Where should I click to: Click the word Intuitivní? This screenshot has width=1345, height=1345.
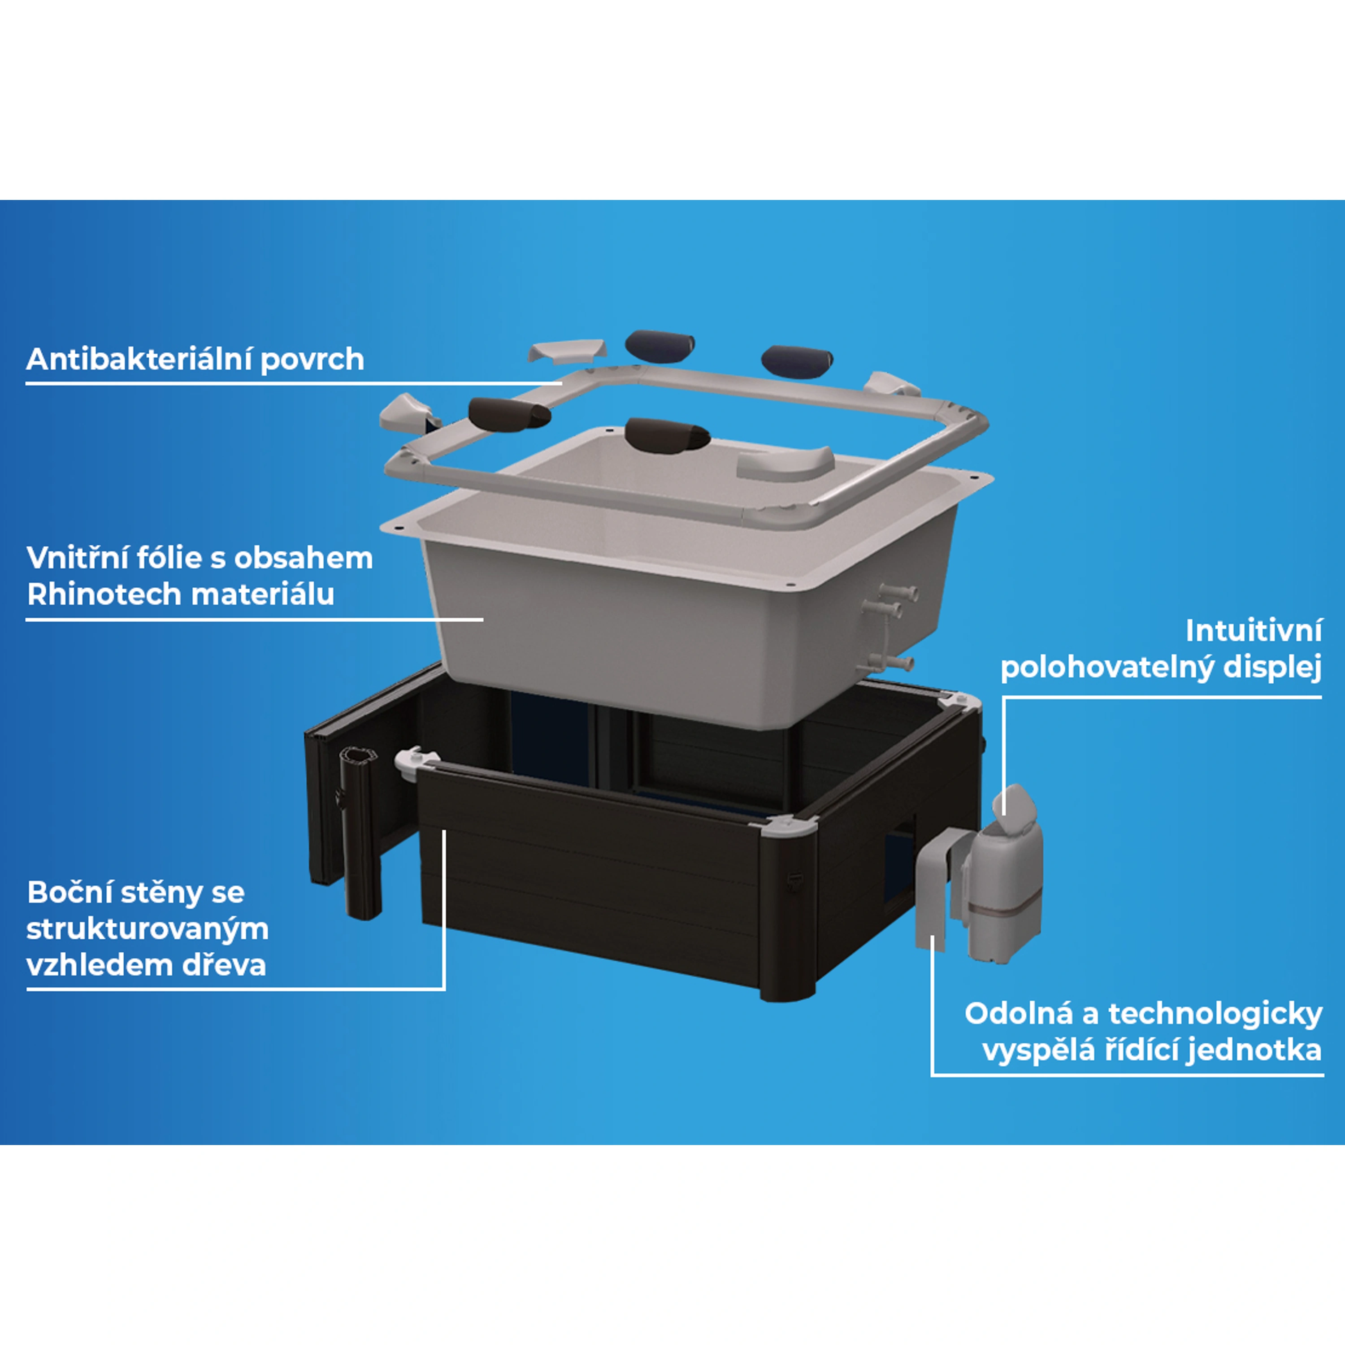tap(1253, 631)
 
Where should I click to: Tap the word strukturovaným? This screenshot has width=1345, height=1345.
tap(148, 928)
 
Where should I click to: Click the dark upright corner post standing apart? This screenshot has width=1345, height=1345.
tap(360, 832)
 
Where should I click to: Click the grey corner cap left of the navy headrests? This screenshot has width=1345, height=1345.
tap(565, 351)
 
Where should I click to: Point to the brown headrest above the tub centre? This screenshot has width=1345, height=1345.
tap(667, 435)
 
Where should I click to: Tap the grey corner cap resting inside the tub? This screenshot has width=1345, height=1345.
tap(785, 463)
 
